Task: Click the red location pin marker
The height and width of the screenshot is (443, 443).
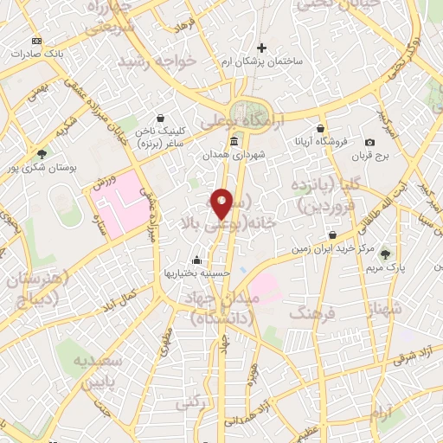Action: [221, 203]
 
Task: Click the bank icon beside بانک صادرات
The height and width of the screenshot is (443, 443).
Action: [35, 41]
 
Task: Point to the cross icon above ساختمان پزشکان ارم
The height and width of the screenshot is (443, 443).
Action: [262, 47]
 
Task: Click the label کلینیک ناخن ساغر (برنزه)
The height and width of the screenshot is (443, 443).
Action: [161, 135]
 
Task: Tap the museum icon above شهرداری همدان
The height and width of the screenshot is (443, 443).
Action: [234, 140]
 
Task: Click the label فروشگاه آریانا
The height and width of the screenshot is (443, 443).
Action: [321, 140]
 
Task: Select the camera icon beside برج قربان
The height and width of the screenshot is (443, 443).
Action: [370, 142]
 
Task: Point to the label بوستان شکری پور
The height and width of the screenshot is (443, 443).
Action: [41, 169]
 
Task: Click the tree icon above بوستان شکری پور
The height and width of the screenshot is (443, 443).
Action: [42, 155]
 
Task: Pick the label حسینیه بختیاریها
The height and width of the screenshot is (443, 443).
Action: [198, 273]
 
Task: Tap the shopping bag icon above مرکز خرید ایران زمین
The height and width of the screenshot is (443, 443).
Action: [334, 234]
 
